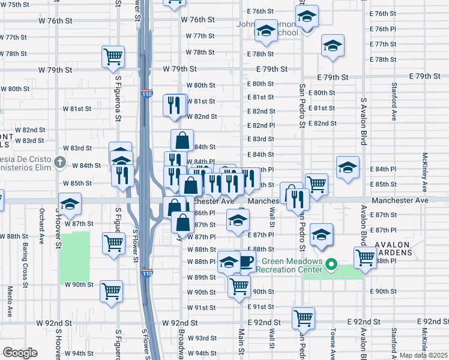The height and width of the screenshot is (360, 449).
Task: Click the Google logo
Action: pos(20,353)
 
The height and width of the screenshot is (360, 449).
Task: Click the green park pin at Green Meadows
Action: pos(330,263)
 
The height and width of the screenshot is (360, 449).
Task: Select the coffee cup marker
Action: pos(246,261)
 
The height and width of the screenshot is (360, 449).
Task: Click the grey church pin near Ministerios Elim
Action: pos(59,162)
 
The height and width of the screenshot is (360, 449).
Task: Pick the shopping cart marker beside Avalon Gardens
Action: pos(365,258)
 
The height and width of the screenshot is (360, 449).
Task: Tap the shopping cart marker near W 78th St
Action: pos(113,56)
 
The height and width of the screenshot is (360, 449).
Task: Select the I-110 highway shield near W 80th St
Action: pos(147,94)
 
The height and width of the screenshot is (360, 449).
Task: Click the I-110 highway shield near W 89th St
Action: pos(147,274)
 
